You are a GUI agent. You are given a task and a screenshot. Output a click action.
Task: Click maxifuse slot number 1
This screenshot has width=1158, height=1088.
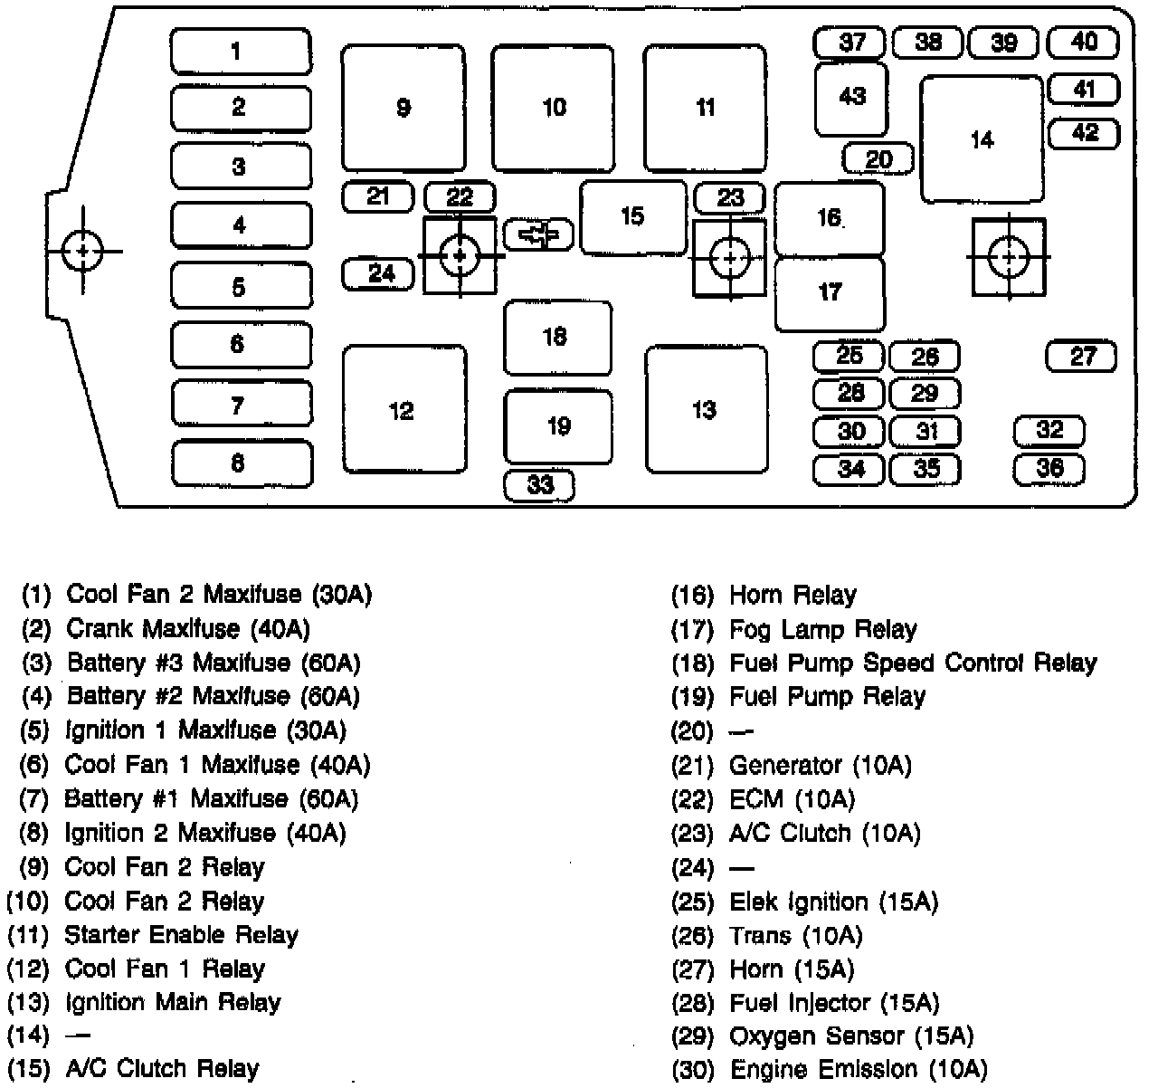[241, 51]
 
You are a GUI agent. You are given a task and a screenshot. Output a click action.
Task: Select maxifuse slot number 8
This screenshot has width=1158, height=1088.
[241, 463]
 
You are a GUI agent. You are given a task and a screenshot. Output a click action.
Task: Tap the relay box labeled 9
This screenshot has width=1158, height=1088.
[403, 108]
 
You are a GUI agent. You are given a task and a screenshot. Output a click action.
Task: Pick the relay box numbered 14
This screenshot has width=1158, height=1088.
[982, 139]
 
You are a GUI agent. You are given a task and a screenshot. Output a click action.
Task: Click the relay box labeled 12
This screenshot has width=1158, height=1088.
[403, 410]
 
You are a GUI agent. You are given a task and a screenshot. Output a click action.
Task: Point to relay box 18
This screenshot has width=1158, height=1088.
[557, 337]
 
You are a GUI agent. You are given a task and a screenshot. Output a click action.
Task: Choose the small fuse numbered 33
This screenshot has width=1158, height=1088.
[540, 485]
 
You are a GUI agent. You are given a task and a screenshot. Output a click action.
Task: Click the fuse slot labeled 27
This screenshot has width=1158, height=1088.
[1081, 356]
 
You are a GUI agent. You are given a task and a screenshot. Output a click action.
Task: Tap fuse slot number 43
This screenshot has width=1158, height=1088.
[852, 97]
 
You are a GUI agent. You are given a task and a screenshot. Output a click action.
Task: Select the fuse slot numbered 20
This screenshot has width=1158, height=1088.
[878, 160]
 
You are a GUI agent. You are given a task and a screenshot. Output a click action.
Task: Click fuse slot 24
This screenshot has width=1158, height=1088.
[379, 272]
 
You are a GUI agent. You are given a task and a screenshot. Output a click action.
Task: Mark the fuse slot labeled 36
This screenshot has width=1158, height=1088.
[1049, 468]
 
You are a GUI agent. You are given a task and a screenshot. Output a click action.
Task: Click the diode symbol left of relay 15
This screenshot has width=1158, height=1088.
[538, 234]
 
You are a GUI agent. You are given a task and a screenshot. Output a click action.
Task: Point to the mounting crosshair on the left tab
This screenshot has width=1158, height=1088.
[83, 250]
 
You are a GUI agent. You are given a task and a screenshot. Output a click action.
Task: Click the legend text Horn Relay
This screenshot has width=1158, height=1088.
[793, 596]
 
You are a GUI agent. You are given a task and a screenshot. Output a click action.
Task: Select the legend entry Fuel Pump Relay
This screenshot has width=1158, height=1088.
[828, 697]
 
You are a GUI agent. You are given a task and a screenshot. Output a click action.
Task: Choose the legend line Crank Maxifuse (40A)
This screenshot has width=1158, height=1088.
[188, 629]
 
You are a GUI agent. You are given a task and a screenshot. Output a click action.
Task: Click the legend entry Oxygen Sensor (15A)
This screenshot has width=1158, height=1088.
[851, 1036]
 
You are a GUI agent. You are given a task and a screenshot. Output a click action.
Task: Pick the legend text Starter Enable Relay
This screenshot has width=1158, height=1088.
[181, 934]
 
